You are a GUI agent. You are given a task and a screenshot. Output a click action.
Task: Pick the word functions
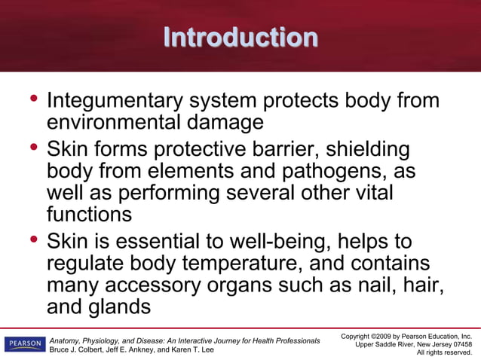click(89, 214)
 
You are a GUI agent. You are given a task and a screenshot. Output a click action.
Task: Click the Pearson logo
click(24, 345)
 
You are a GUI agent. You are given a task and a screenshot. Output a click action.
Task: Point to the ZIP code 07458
click(458, 343)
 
